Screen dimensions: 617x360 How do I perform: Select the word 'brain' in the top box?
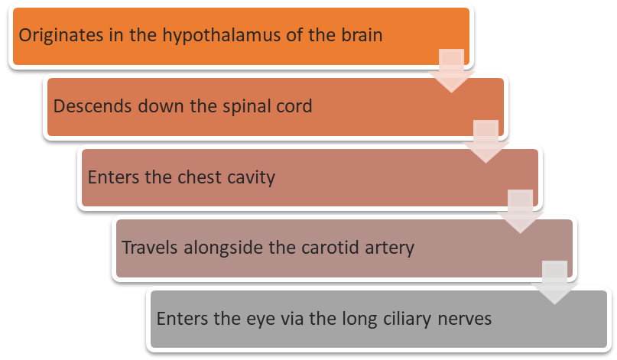tap(359, 35)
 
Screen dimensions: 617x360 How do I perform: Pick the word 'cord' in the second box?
tap(295, 105)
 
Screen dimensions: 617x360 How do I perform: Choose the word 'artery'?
tap(388, 248)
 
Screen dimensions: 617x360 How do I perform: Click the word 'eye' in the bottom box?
tap(242, 318)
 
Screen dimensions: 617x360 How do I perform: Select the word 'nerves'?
tap(463, 318)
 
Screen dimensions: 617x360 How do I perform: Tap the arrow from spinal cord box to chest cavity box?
tap(485, 141)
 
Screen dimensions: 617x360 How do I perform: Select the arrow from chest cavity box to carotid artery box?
tap(520, 211)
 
